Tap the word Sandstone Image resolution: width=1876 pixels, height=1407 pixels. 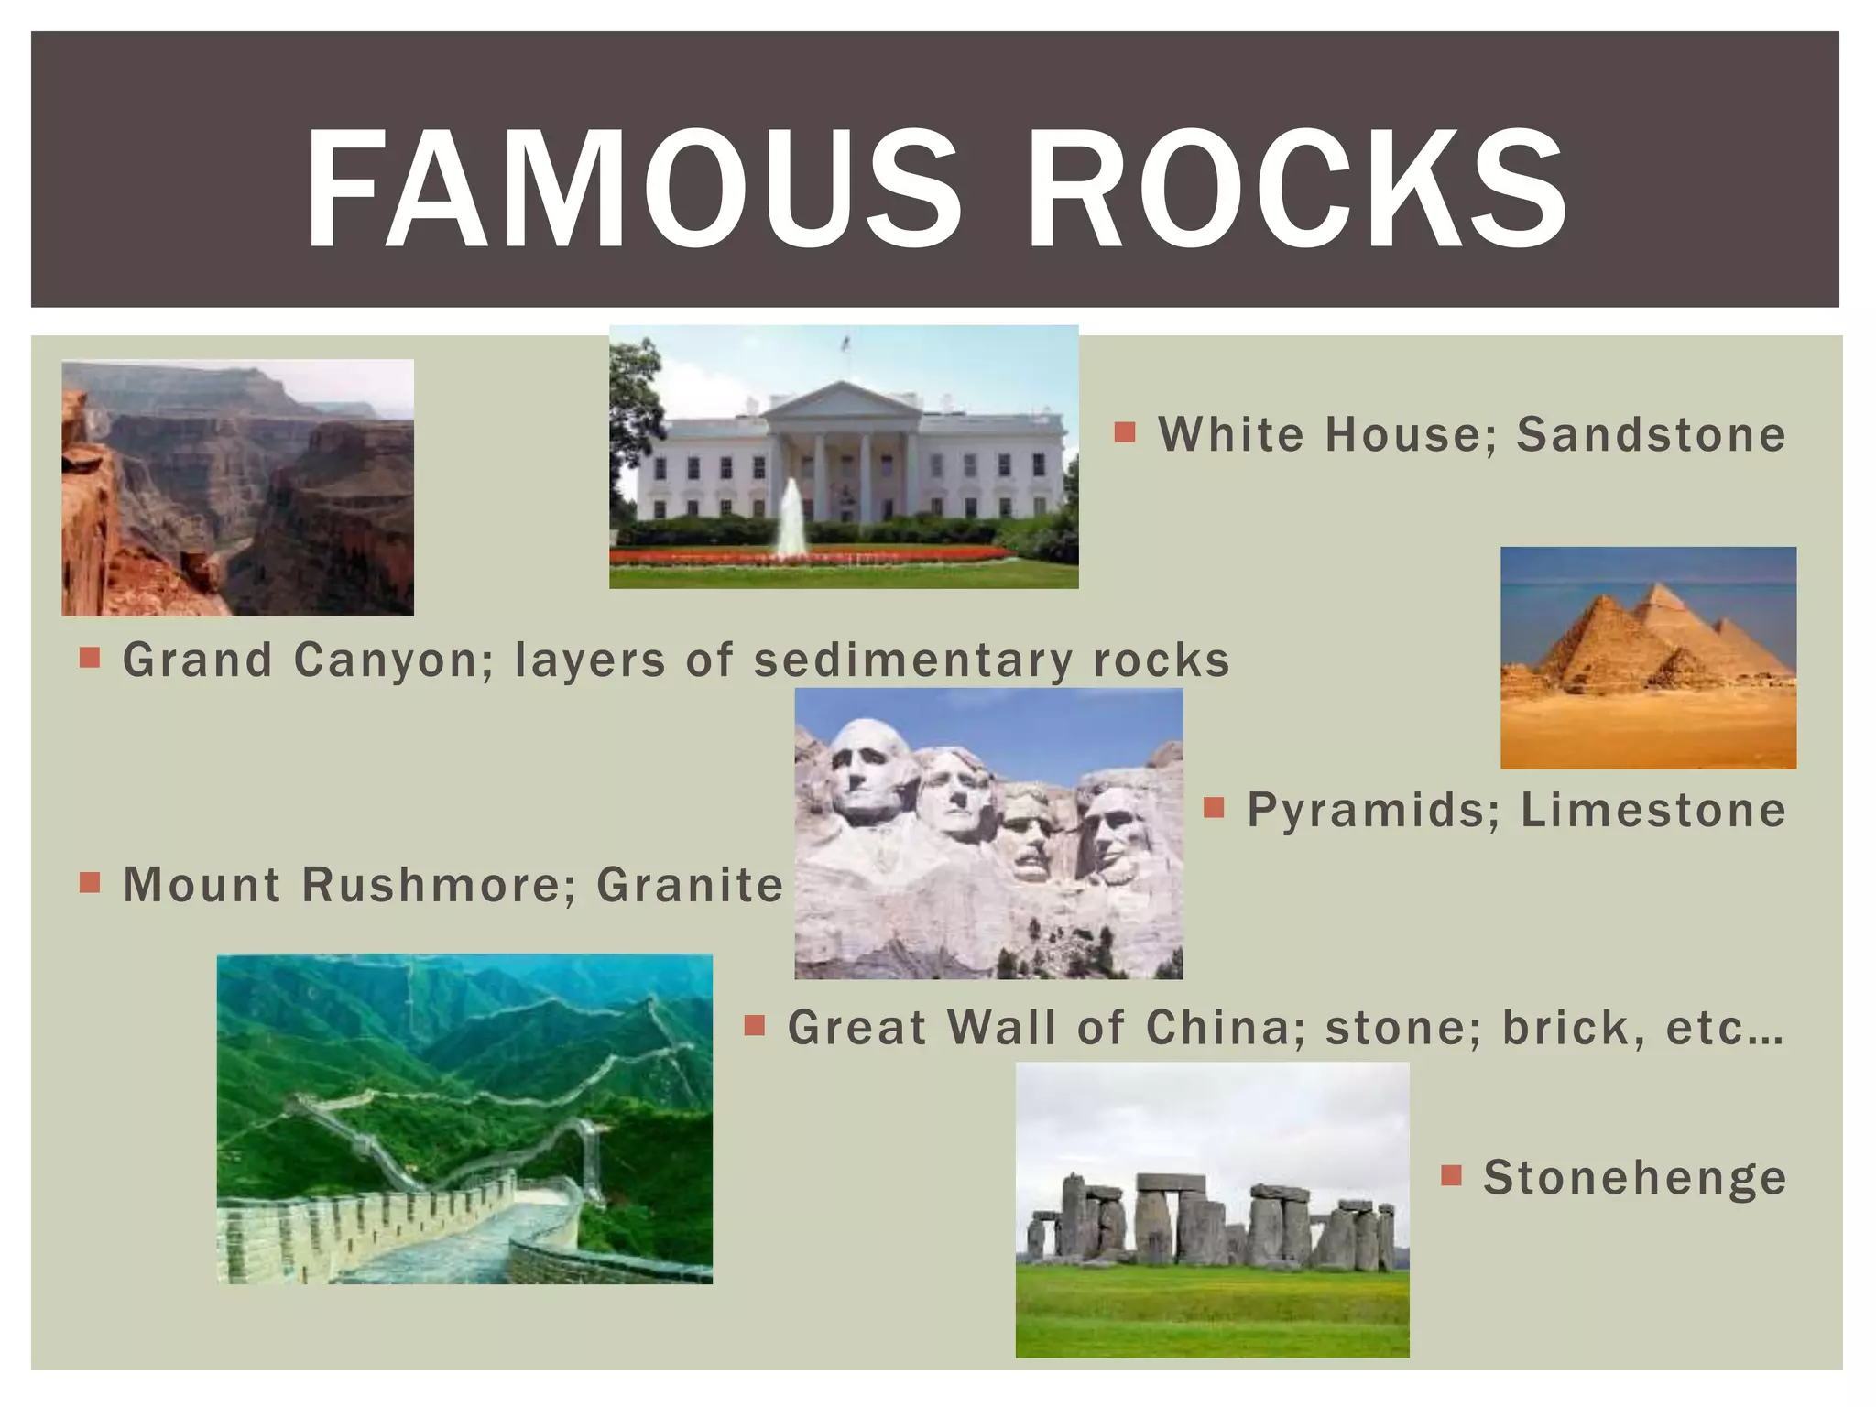[x=1651, y=435]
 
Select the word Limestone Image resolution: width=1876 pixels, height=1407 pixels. [x=1653, y=811]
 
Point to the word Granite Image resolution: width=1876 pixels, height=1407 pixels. [x=690, y=886]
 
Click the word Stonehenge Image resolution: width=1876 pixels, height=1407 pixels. [x=1635, y=1178]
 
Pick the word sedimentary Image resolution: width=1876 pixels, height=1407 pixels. [x=913, y=661]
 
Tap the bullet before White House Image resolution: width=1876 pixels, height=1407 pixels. [x=1125, y=432]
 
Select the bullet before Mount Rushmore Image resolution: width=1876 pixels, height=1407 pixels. [x=90, y=882]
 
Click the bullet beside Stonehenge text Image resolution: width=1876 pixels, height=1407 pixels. [x=1451, y=1175]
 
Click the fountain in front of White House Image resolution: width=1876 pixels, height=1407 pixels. [x=790, y=518]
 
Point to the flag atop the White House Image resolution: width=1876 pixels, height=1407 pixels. [x=845, y=344]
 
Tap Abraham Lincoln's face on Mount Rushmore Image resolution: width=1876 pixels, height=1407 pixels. [x=1111, y=829]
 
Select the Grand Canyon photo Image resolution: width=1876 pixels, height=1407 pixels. [x=237, y=487]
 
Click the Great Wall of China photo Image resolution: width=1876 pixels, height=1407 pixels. [x=464, y=1118]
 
